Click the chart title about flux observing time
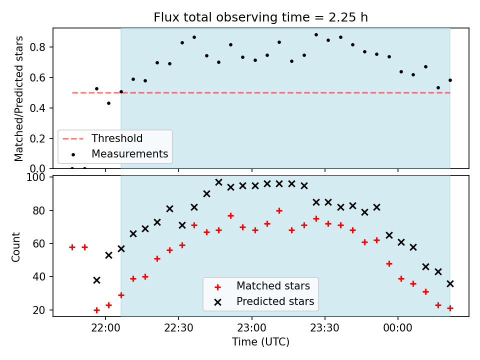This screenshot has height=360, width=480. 260,17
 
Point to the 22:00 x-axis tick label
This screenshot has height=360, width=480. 105,328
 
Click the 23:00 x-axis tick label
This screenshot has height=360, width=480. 252,328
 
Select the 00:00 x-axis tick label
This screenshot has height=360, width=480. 398,328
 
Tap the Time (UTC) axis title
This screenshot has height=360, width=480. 260,341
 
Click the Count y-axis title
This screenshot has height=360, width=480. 16,247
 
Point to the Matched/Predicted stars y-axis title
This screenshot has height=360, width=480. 19,98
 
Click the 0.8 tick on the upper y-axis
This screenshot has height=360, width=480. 37,47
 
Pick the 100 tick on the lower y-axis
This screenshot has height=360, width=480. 35,177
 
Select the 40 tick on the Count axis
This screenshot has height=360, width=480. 39,276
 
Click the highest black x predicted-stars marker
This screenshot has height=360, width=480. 218,182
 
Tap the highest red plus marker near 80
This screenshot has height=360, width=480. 279,210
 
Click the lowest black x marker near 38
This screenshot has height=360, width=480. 96,280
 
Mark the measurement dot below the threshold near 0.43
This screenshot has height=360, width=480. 108,103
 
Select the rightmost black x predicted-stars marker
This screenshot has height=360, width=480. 450,284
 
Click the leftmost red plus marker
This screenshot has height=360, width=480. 72,247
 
